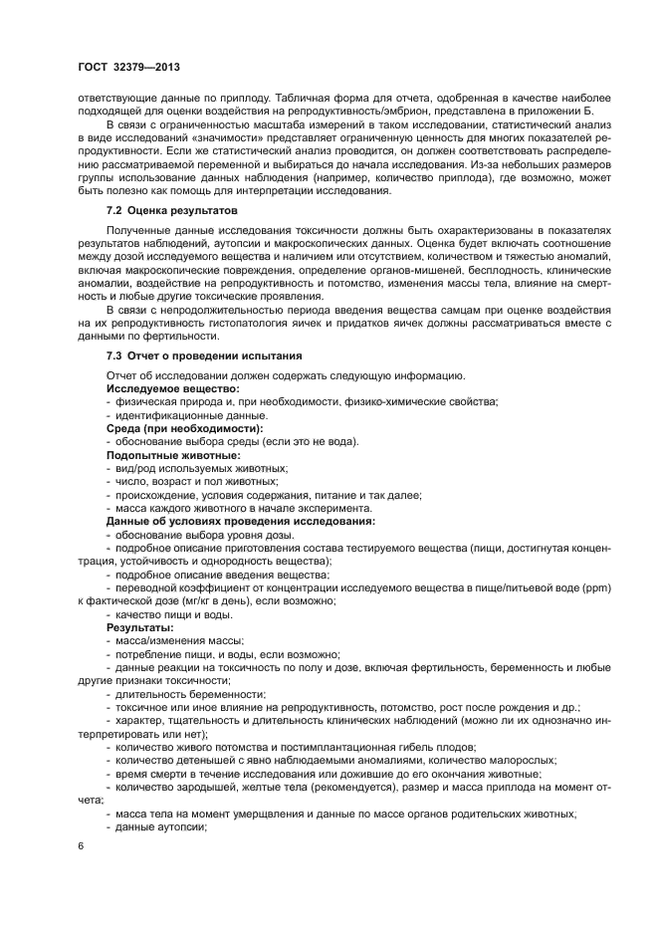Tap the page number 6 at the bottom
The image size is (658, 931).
click(x=82, y=846)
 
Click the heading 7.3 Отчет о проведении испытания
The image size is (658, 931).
click(x=204, y=355)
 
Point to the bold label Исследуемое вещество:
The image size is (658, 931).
click(x=172, y=387)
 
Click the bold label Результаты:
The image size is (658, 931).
click(x=139, y=628)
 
